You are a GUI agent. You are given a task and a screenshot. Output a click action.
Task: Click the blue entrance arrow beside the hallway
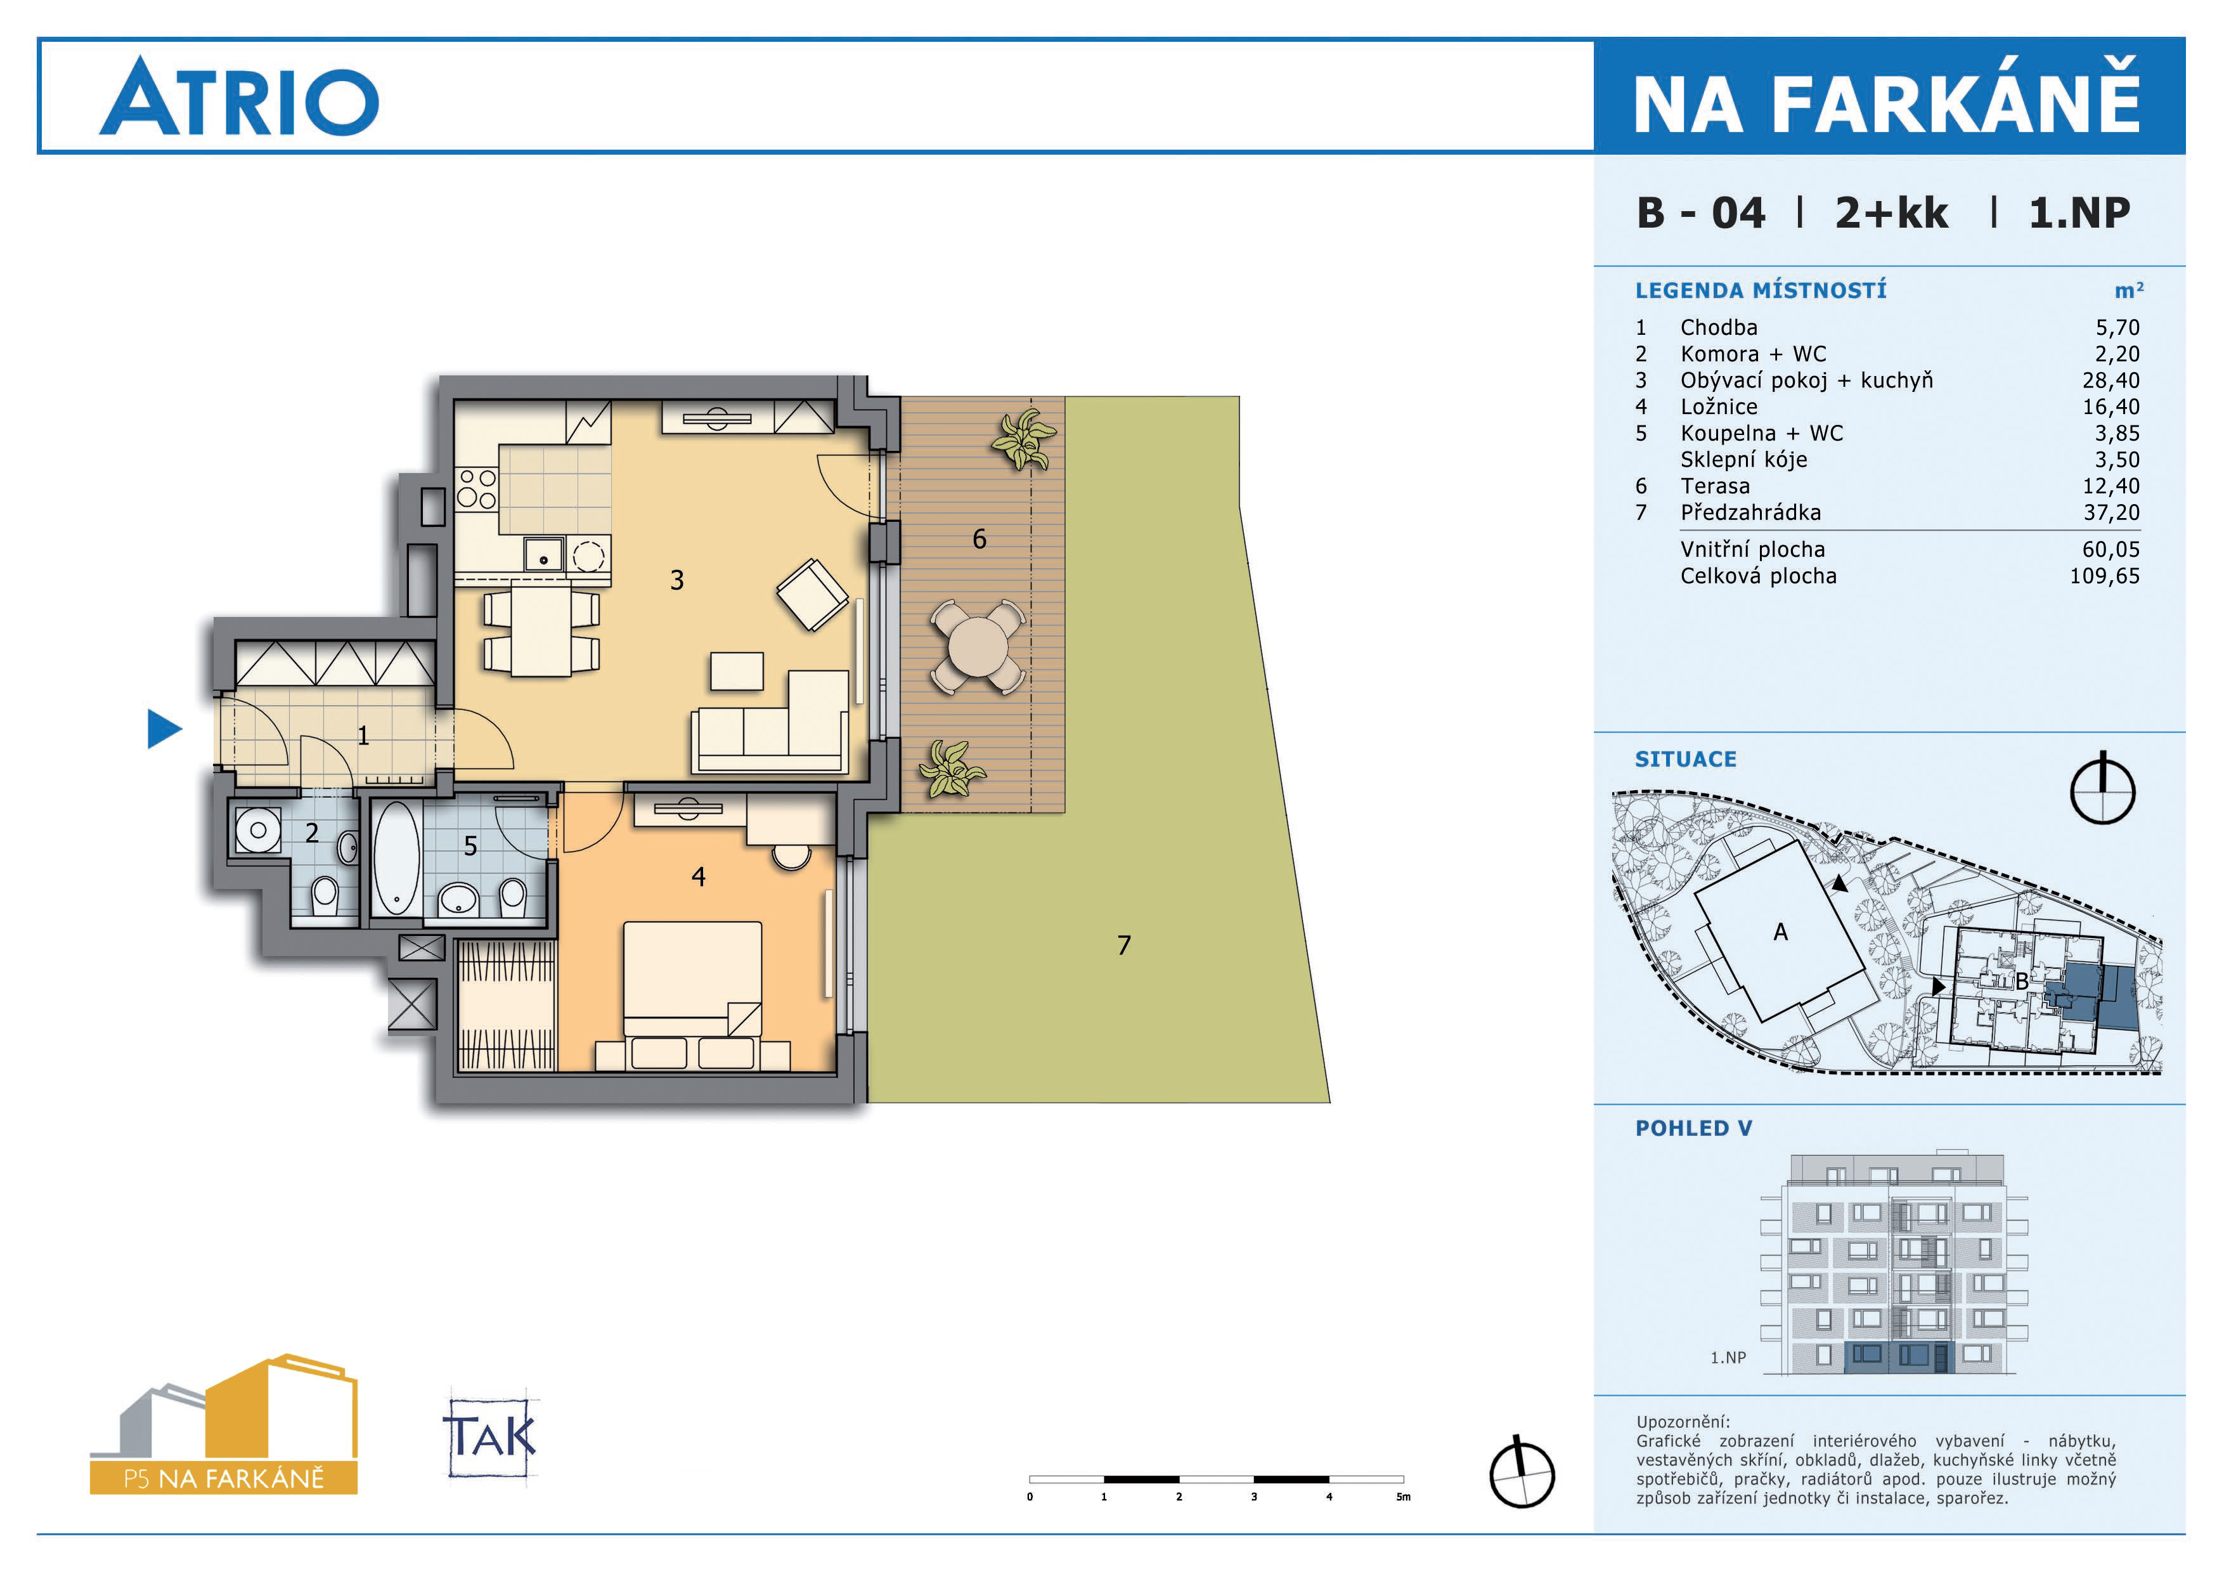pyautogui.click(x=163, y=729)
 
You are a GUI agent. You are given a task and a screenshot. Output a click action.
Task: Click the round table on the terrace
pyautogui.click(x=978, y=647)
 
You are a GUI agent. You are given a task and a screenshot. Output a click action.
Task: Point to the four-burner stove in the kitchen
pyautogui.click(x=477, y=488)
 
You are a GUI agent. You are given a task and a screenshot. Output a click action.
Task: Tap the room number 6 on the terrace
pyautogui.click(x=979, y=540)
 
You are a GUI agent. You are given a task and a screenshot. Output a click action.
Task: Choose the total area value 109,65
pyautogui.click(x=2105, y=576)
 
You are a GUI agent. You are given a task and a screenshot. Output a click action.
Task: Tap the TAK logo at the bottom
pyautogui.click(x=490, y=1438)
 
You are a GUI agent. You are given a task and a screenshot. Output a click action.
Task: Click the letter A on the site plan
pyautogui.click(x=1780, y=932)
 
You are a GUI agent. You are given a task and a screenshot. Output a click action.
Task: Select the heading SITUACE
pyautogui.click(x=1686, y=759)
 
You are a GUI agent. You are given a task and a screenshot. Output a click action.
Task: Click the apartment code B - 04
pyautogui.click(x=1701, y=213)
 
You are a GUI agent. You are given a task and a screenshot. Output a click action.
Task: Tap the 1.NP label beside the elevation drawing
pyautogui.click(x=1728, y=1358)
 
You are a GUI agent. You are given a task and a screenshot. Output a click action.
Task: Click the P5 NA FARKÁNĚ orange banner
pyautogui.click(x=224, y=1478)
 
